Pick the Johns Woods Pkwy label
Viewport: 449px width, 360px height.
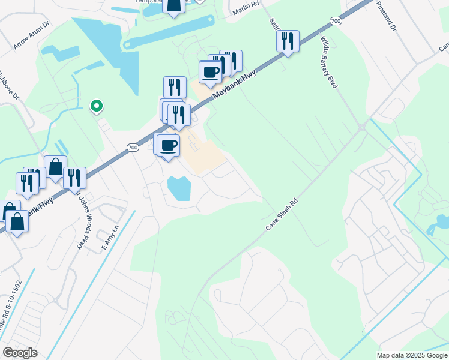click(x=82, y=221)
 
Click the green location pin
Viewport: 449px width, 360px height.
click(x=96, y=106)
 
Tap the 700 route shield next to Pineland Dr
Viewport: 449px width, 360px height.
click(x=336, y=21)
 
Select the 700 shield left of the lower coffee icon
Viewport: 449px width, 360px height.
click(x=133, y=148)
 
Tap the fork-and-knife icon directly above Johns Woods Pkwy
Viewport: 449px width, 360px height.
click(x=74, y=178)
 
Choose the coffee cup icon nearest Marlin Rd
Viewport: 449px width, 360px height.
click(x=210, y=72)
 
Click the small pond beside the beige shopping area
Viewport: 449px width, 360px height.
click(x=179, y=188)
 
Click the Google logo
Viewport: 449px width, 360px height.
click(x=19, y=353)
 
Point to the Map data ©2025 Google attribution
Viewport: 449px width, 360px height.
click(x=412, y=355)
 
